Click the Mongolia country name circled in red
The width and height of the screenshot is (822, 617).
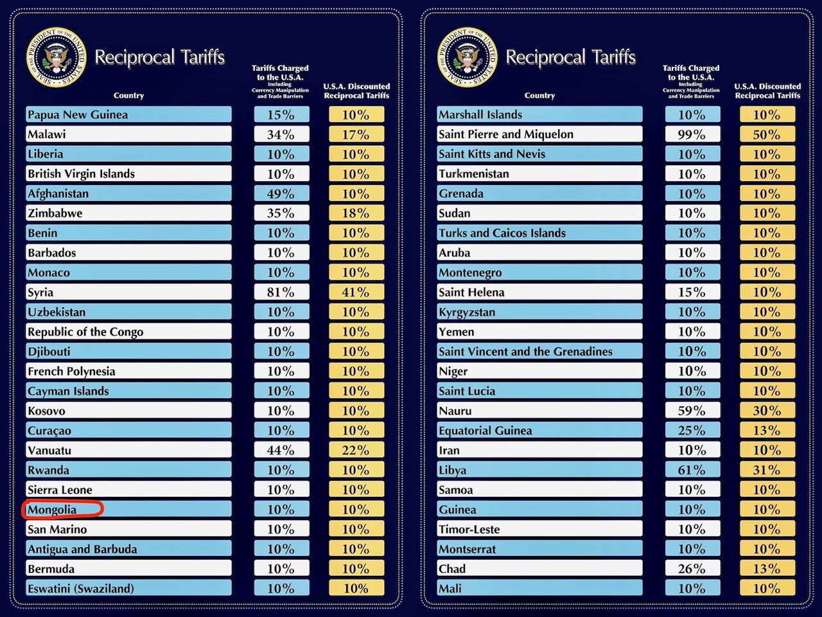coord(52,510)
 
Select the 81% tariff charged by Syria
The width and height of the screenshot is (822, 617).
coord(281,292)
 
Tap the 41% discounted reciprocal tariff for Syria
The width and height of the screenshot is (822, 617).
coord(356,292)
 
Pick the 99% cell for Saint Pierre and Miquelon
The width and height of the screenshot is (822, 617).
coord(692,134)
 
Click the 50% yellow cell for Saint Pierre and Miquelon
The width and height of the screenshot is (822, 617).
coord(767,134)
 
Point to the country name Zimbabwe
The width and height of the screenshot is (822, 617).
coord(55,213)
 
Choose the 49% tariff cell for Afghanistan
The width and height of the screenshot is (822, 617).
coord(281,193)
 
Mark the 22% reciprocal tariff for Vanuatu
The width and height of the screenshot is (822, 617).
coord(356,451)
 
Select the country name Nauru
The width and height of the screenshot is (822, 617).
coord(455,411)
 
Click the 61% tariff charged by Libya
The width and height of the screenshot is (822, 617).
coord(692,470)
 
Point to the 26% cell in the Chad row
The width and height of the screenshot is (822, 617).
coord(692,569)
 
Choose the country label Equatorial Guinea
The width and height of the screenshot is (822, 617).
coord(485,431)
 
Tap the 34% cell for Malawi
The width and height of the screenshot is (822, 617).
coord(281,134)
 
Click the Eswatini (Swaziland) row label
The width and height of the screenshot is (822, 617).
coord(81,589)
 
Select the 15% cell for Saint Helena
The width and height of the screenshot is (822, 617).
coord(692,292)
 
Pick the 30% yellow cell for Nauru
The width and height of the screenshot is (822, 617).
coord(767,411)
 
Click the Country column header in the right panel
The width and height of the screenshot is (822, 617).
coord(539,95)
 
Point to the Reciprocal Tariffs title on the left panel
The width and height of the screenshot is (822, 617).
coord(159,57)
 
